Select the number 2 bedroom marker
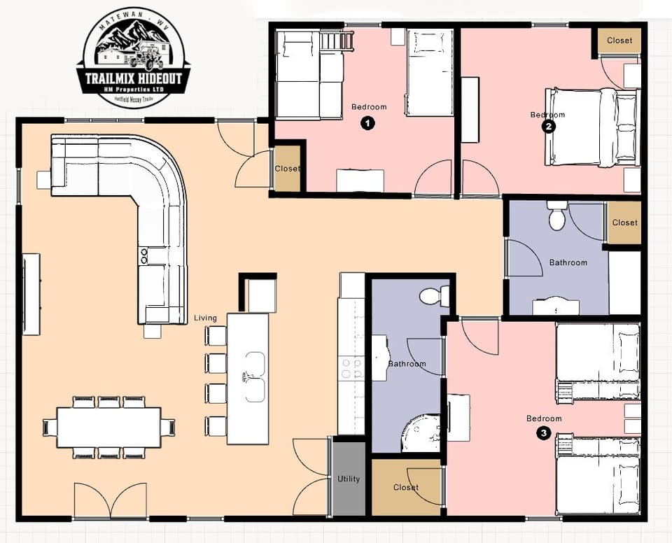coord(549,127)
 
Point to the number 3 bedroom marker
coord(545,433)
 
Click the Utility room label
coord(348,479)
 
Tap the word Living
coord(206,318)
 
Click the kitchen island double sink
coord(254,377)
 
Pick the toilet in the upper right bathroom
coord(557,216)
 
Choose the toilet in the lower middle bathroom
coord(435,296)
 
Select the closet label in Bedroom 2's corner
coord(619,41)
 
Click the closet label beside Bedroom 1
coord(287,169)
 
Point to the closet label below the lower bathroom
coord(406,487)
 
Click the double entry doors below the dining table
coord(110,500)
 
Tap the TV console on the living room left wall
coord(31,294)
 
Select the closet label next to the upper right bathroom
coord(624,223)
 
